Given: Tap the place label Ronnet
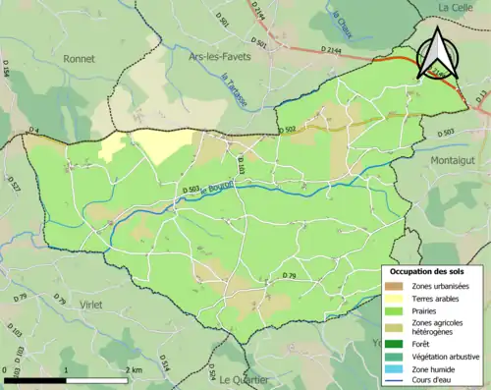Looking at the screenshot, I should (79, 59).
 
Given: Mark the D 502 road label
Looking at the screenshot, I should (286, 130).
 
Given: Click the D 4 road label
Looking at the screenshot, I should (31, 131).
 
